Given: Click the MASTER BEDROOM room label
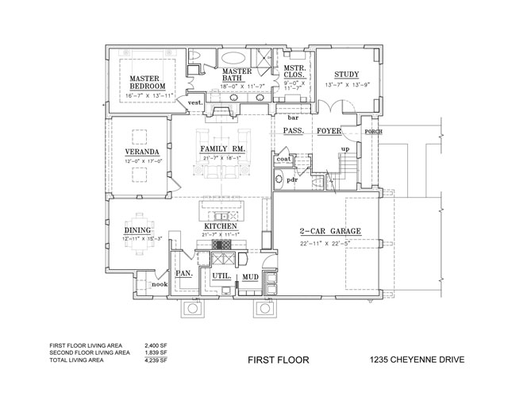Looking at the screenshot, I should (x=148, y=82).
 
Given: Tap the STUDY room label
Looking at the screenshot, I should (x=347, y=74).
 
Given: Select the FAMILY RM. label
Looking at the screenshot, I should (x=221, y=149).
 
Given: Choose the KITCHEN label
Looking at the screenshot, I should (x=221, y=226).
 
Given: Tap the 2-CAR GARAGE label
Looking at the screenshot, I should (x=330, y=232).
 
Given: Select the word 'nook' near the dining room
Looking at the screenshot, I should (x=160, y=283).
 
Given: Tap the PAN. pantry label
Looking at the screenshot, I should (x=183, y=273).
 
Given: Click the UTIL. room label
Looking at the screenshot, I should (x=221, y=276).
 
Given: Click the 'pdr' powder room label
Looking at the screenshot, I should (x=292, y=179).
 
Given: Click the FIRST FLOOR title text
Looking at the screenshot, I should (x=272, y=360).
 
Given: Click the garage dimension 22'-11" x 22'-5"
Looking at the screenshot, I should (x=330, y=243).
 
